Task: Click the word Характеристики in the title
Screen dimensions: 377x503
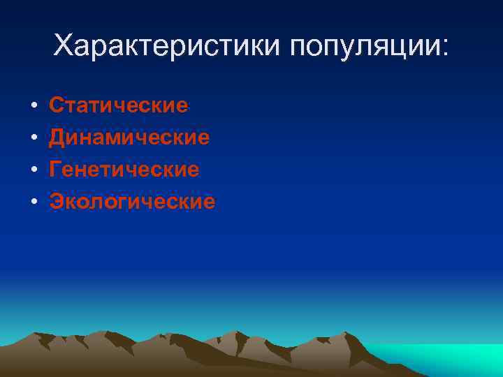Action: (x=166, y=47)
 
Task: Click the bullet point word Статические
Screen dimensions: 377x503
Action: (x=119, y=105)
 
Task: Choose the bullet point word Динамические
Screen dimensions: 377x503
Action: (x=129, y=138)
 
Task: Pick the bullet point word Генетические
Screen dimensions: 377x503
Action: (x=124, y=170)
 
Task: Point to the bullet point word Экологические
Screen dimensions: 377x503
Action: (x=132, y=202)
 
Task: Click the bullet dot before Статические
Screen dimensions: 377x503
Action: (x=34, y=106)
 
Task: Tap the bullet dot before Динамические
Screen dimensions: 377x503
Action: (x=34, y=138)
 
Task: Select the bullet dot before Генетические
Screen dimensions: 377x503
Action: (x=34, y=170)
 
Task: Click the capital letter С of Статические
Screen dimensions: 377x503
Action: (x=56, y=105)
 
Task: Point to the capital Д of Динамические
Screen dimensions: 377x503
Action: (x=57, y=138)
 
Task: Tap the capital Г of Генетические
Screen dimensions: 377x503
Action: (x=55, y=170)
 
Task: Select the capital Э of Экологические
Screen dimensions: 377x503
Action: (x=56, y=202)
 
